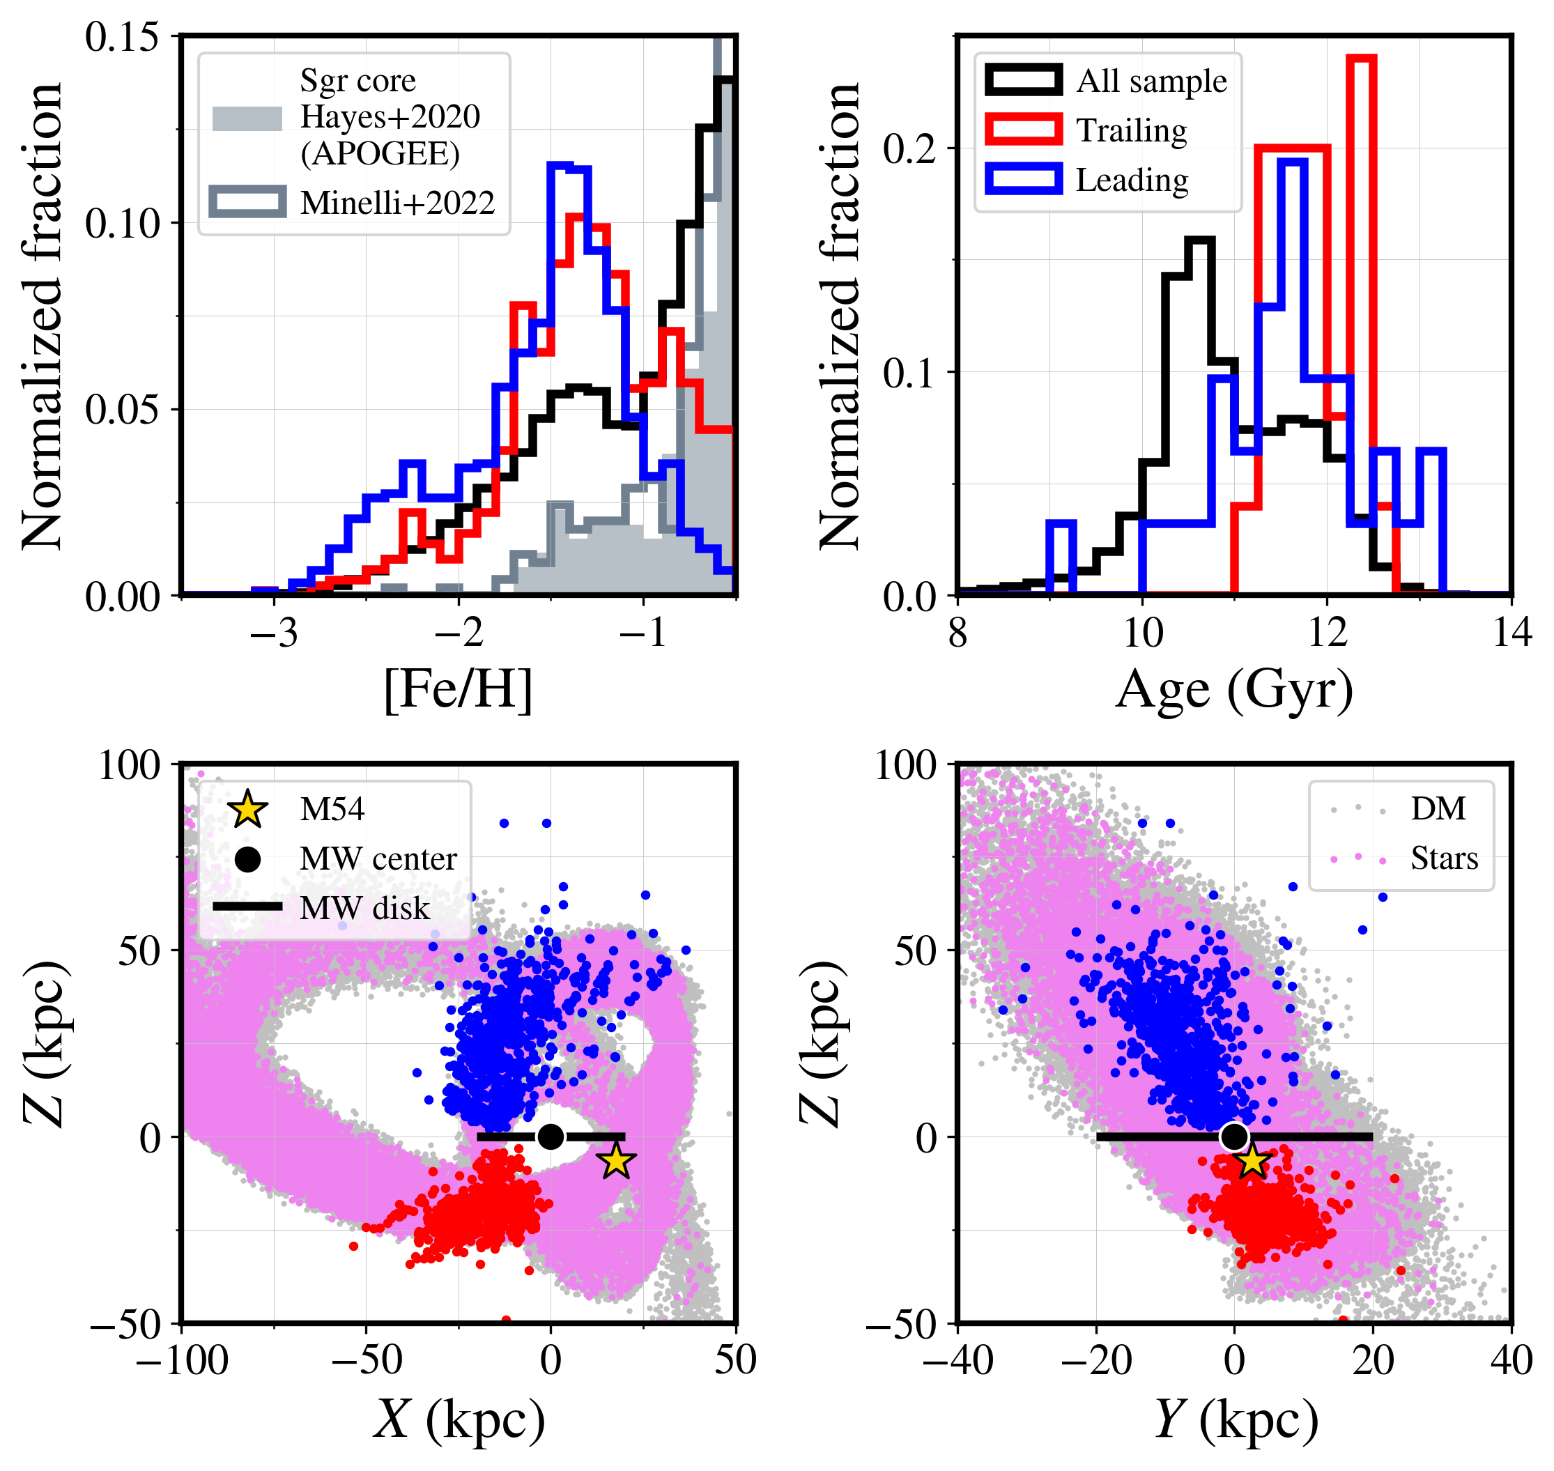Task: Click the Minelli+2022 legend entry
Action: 397,203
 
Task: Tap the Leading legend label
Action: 1132,180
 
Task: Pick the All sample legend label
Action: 1151,81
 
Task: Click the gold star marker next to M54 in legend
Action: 248,809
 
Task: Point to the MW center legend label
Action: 378,858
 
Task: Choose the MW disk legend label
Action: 364,908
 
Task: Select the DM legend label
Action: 1438,808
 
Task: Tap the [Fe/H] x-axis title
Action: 458,689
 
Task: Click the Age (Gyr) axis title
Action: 1234,689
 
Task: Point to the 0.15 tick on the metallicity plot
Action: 121,37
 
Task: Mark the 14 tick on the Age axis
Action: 1511,632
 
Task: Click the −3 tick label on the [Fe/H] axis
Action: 274,632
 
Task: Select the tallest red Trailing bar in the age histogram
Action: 1362,236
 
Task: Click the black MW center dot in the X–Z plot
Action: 551,1137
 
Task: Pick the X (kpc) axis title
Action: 458,1419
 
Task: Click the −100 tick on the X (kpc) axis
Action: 182,1360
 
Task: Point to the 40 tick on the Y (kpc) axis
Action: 1511,1360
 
